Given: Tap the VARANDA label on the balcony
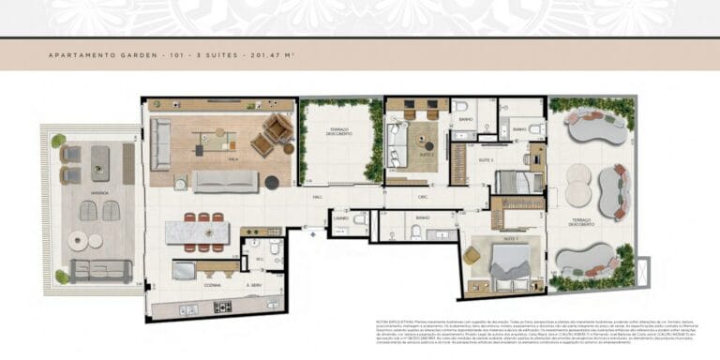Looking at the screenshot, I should pyautogui.click(x=100, y=193).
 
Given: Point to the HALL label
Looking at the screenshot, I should pyautogui.click(x=318, y=198).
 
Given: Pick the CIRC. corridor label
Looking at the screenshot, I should pyautogui.click(x=423, y=198).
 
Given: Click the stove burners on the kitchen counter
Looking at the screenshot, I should pyautogui.click(x=224, y=307).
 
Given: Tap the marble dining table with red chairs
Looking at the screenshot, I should pyautogui.click(x=197, y=232).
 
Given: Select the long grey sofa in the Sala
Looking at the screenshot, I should pyautogui.click(x=225, y=181).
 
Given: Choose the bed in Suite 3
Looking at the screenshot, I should pyautogui.click(x=518, y=182).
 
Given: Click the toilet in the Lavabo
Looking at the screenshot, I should pyautogui.click(x=360, y=219).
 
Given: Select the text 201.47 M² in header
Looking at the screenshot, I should pyautogui.click(x=273, y=55).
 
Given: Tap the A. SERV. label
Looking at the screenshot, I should pyautogui.click(x=252, y=284).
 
